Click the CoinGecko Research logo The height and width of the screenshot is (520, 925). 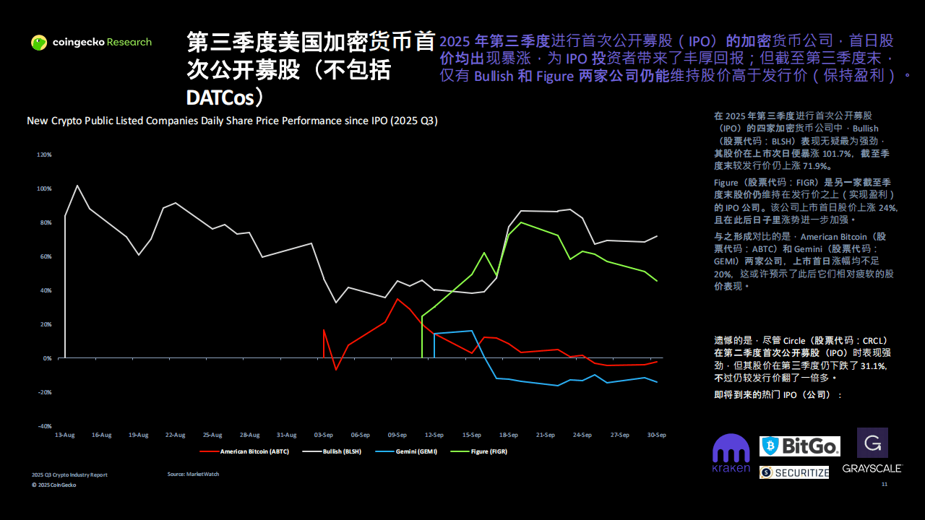(x=91, y=43)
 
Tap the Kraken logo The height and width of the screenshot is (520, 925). (x=731, y=454)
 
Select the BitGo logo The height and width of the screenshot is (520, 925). (x=799, y=446)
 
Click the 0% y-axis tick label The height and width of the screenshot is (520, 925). (x=46, y=358)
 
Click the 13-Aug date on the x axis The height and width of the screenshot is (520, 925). (x=64, y=435)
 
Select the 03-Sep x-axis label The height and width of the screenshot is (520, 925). (x=323, y=435)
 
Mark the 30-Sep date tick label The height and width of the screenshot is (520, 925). (x=656, y=435)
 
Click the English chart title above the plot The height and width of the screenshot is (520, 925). (x=232, y=121)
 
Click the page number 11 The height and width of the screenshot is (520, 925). (x=885, y=485)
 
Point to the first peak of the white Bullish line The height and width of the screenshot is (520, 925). (x=77, y=186)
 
